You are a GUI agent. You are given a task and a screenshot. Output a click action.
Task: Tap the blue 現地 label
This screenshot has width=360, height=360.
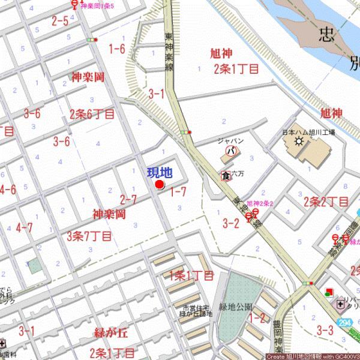[160, 173]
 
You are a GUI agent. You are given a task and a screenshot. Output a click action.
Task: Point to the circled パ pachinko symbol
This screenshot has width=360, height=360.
[229, 151]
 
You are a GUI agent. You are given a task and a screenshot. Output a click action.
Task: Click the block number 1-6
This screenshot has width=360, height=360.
[116, 49]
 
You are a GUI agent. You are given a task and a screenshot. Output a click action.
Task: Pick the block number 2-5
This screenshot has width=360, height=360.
[59, 21]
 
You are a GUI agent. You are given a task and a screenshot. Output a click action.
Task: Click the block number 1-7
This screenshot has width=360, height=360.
[178, 192]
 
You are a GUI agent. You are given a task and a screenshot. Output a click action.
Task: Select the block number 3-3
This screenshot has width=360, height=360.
[325, 329]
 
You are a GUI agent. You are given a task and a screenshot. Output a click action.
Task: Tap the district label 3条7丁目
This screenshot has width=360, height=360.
[89, 235]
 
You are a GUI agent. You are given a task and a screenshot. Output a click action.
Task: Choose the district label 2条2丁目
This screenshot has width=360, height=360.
[326, 201]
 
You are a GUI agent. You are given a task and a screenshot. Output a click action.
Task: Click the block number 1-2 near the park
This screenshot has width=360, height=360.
[258, 317]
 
